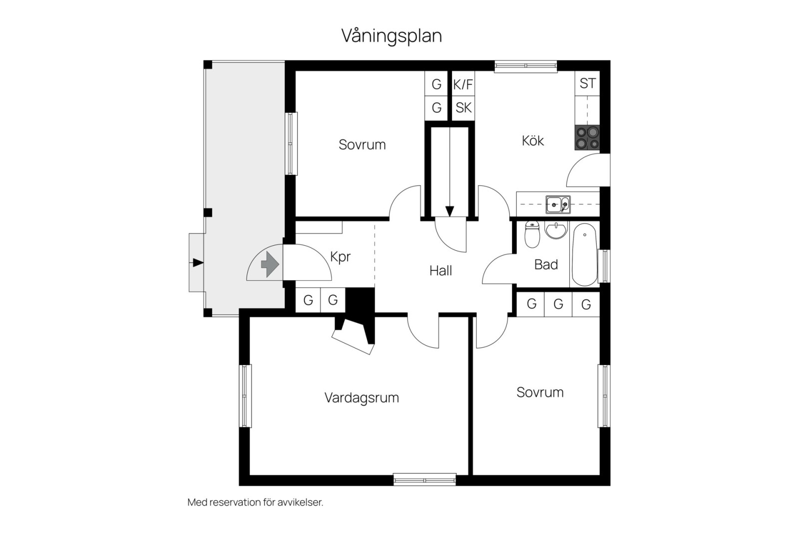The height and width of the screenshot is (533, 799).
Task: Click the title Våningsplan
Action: (x=392, y=36)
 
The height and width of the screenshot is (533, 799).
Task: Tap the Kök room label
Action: (x=532, y=141)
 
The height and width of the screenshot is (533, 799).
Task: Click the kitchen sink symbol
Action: (x=558, y=204)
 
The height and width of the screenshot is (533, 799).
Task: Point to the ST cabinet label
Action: (x=587, y=83)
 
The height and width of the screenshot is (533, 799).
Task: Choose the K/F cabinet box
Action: (x=463, y=84)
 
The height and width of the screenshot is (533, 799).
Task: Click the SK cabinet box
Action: (x=463, y=107)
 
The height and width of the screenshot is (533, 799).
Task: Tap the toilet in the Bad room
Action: (x=532, y=235)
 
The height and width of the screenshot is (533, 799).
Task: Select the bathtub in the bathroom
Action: (x=584, y=254)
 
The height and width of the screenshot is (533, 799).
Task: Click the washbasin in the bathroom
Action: (x=556, y=230)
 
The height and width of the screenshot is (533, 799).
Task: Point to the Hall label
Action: (x=440, y=271)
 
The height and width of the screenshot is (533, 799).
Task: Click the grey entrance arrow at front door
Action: (x=270, y=264)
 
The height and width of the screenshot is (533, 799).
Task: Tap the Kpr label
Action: (x=340, y=257)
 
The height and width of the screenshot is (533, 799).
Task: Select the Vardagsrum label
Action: (x=362, y=398)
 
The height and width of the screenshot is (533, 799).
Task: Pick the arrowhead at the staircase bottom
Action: (x=449, y=211)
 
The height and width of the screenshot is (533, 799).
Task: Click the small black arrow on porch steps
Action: (x=198, y=263)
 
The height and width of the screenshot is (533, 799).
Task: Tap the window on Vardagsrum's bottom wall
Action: (x=424, y=480)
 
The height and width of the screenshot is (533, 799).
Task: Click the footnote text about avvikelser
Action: (x=255, y=503)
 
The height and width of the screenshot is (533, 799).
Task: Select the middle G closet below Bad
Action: (x=558, y=304)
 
